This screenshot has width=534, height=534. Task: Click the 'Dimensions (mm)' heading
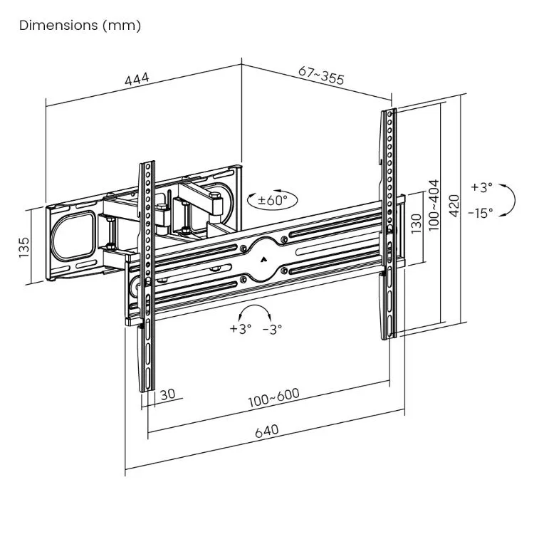[80, 26]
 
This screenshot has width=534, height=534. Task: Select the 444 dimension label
[137, 80]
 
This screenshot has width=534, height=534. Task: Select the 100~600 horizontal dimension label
[273, 397]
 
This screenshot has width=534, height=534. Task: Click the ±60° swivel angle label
[271, 200]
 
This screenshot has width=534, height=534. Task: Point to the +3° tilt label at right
[481, 188]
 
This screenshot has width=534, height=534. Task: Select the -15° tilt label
[480, 212]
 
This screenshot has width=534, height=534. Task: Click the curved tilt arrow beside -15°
[507, 199]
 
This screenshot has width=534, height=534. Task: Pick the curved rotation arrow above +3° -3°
[256, 312]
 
